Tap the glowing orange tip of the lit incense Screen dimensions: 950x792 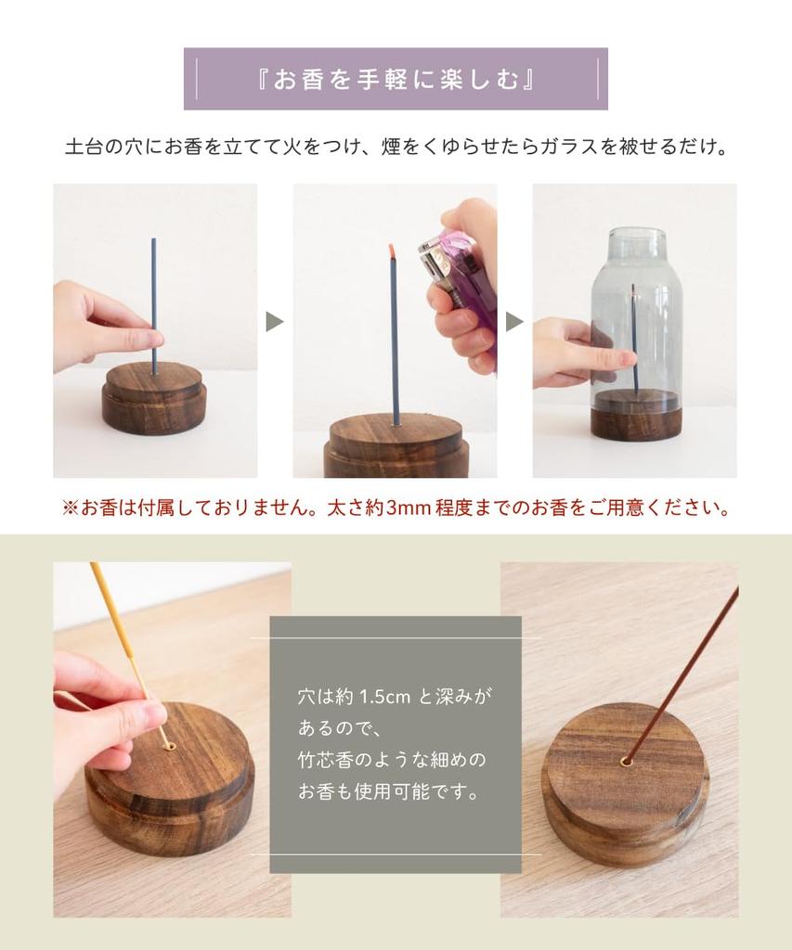pos(393,250)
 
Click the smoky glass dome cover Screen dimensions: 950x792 pos(636,306)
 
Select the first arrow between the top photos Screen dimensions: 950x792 pos(275,322)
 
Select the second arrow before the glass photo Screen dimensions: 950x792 pos(514,322)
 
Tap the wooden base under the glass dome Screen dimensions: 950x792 pos(636,417)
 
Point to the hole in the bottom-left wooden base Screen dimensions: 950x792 pos(169,744)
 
